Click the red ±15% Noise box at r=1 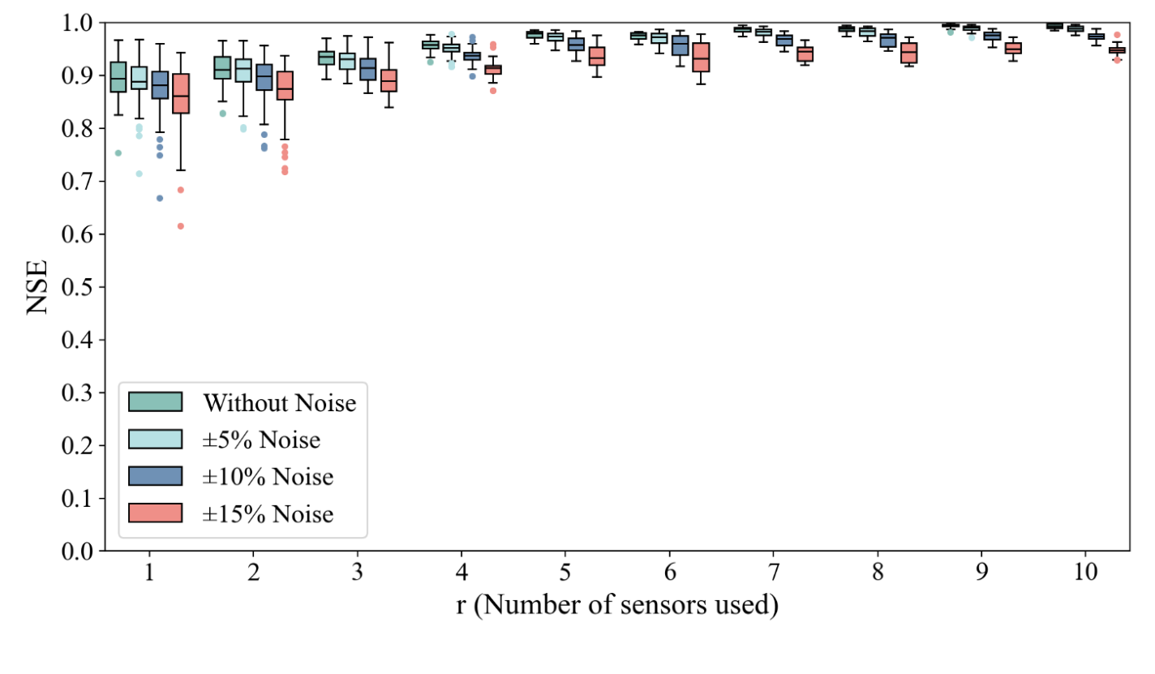pos(181,93)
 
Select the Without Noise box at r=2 pos(222,67)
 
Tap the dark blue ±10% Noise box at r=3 pos(368,69)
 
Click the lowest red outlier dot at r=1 pos(181,226)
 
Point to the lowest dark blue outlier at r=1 pos(160,198)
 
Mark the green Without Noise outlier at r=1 pos(118,153)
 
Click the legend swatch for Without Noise pos(156,402)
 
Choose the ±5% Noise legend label pos(262,440)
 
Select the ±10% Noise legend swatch pos(156,476)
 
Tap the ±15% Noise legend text pos(268,513)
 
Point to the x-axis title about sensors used pos(616,606)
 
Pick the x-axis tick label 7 pos(773,572)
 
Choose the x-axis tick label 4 pos(462,572)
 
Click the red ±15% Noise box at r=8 pos(909,53)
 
